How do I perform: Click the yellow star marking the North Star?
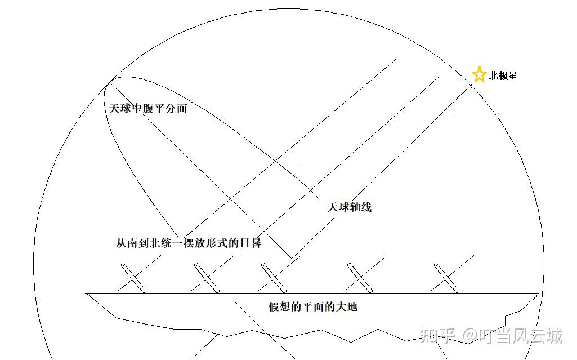[479, 75]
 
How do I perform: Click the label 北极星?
[503, 75]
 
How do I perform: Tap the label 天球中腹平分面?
[148, 109]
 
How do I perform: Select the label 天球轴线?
[350, 207]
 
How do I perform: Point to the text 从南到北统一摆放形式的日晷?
[188, 243]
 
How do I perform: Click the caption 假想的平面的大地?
[313, 307]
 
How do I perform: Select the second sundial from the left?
[206, 277]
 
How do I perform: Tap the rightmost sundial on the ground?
[446, 277]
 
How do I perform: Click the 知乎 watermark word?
[437, 336]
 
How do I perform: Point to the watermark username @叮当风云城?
[512, 336]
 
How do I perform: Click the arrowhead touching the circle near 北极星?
[468, 86]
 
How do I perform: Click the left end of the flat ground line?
[87, 293]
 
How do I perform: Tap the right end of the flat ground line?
[538, 293]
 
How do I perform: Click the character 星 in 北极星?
[512, 75]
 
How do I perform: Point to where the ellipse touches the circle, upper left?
[108, 83]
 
